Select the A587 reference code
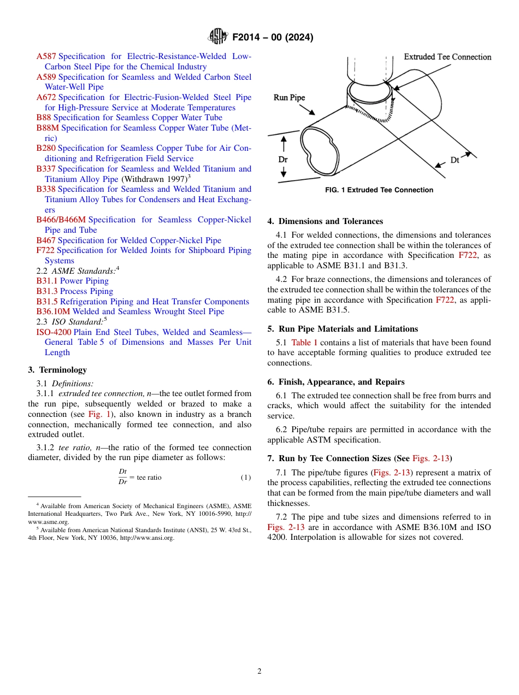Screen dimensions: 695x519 (46, 56)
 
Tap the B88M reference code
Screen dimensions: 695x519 (48, 128)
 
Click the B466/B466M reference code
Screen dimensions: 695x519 (61, 220)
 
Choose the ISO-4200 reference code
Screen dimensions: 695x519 (54, 332)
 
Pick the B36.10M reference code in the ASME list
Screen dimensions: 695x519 (53, 311)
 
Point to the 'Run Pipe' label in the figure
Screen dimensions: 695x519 (289, 98)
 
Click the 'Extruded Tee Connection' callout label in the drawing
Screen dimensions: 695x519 (447, 57)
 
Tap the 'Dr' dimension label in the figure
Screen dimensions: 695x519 (283, 160)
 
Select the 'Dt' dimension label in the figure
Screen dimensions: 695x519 (455, 160)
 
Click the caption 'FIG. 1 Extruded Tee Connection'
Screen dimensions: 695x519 (379, 190)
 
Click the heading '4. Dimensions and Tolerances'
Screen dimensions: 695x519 (325, 221)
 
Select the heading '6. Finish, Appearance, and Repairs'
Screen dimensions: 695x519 (335, 382)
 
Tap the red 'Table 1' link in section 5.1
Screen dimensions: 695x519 (304, 343)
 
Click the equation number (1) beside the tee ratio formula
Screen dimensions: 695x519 (246, 478)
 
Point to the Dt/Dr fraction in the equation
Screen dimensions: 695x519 (123, 477)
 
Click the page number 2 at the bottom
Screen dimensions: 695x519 (259, 672)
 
